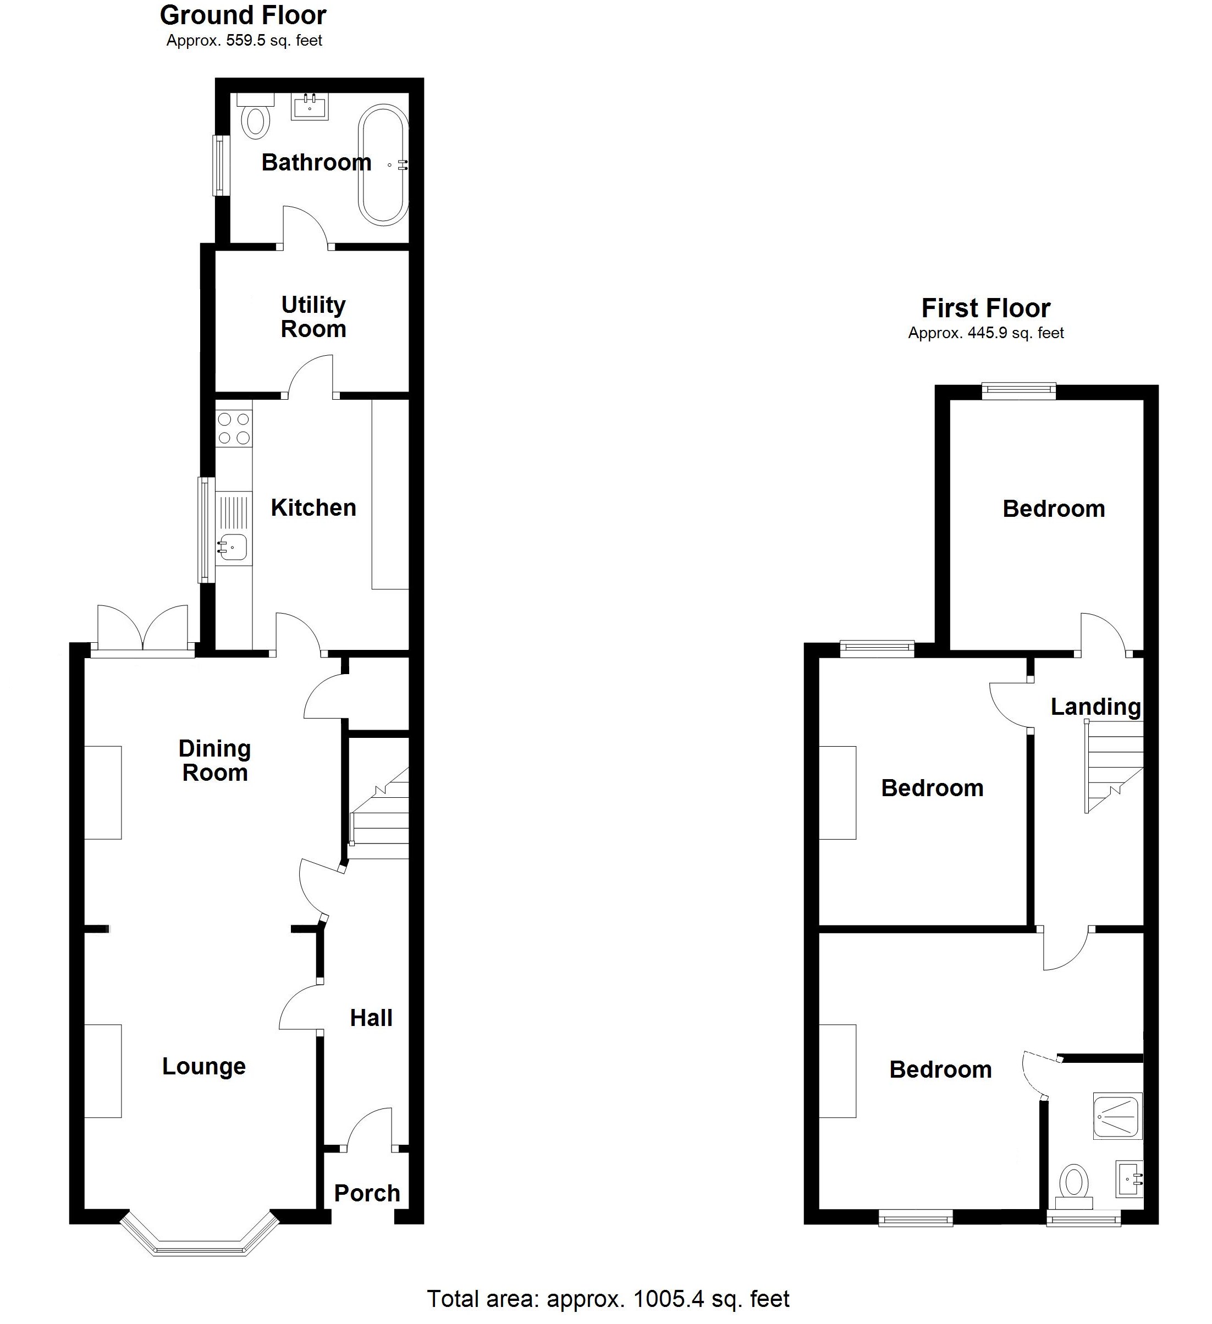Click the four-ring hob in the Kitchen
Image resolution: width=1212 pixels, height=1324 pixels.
(x=234, y=428)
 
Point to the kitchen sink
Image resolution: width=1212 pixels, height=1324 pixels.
(x=233, y=546)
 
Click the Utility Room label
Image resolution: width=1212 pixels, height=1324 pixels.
(x=313, y=317)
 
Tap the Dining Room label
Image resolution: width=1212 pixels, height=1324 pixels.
(x=215, y=760)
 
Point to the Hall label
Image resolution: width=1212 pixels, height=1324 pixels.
(x=371, y=1017)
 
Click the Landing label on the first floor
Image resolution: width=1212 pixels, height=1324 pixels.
(x=1095, y=707)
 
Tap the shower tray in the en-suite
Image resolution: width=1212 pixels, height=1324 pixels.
(x=1117, y=1115)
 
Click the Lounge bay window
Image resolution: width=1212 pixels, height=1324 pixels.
(x=200, y=1242)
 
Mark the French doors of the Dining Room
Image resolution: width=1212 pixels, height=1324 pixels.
(x=142, y=631)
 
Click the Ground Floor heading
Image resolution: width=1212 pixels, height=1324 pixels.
(x=243, y=15)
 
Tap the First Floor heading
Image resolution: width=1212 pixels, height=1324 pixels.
(x=985, y=308)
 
